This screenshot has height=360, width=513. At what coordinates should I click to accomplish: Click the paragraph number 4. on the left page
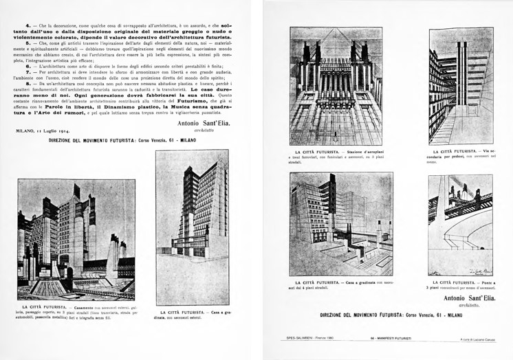coord(19,25)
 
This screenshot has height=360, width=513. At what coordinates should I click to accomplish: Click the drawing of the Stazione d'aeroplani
coord(336,86)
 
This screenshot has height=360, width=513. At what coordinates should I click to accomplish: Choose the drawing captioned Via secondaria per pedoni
coord(461,86)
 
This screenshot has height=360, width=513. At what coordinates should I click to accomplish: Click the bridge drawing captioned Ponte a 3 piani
coord(460,225)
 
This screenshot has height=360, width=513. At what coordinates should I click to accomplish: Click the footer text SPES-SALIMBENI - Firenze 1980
coord(309,339)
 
